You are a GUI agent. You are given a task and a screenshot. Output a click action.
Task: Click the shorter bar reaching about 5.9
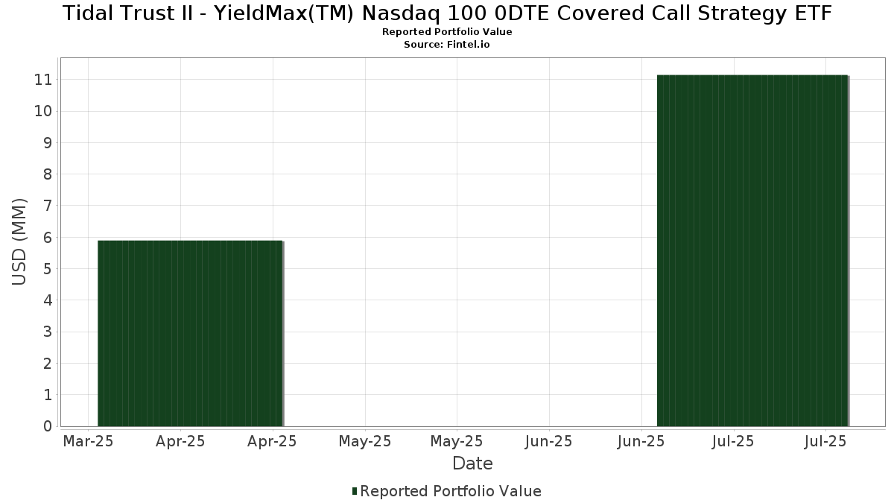[190, 333]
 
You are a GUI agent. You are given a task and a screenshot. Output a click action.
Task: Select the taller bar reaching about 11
[752, 250]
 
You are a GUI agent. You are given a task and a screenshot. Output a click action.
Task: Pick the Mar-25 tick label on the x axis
[88, 441]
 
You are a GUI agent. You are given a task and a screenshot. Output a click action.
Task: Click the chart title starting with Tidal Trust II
[447, 13]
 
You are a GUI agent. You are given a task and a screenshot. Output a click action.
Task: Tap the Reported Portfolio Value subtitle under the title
[447, 32]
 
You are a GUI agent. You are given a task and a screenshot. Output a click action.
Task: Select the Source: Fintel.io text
[447, 45]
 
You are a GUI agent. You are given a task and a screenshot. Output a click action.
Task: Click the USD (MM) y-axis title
[20, 241]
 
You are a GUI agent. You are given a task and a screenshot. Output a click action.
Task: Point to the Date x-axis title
[472, 464]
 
